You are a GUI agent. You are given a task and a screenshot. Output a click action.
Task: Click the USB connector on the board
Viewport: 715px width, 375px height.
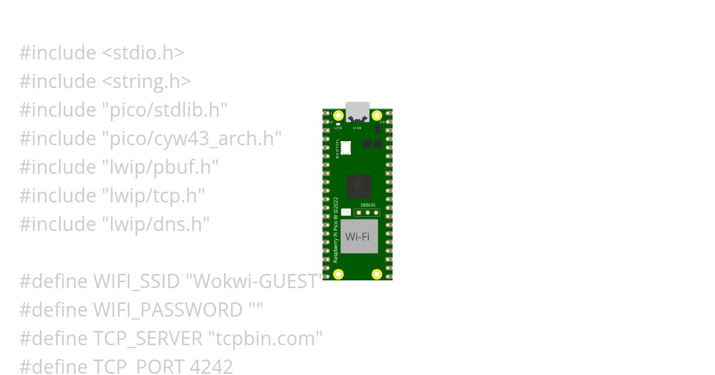[x=357, y=111]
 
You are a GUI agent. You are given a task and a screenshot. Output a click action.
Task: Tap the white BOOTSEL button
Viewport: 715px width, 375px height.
[x=346, y=148]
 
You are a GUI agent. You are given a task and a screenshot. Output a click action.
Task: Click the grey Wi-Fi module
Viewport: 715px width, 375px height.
[x=359, y=236]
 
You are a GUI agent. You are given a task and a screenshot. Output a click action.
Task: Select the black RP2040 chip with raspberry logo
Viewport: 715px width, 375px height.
[x=359, y=186]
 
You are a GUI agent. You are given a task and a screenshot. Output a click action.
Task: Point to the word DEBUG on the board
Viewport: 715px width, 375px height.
[x=368, y=205]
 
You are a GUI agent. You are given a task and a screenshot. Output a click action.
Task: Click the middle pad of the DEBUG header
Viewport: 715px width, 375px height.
[x=368, y=212]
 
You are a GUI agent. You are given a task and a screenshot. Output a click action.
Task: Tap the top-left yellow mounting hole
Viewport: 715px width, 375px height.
[x=338, y=115]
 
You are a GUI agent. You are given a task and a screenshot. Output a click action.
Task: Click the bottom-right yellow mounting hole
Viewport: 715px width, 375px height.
[x=377, y=274]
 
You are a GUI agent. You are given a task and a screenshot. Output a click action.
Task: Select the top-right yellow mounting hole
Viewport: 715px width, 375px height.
[x=377, y=115]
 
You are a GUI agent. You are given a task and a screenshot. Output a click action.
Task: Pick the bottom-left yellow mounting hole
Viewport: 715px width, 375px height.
[x=338, y=274]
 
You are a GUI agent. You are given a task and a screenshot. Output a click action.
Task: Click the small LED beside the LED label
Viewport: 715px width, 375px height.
[x=338, y=124]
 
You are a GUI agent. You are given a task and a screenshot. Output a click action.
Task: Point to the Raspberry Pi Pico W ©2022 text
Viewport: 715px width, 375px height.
[x=335, y=230]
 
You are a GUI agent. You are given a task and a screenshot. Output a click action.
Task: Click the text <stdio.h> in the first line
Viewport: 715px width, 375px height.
[x=143, y=53]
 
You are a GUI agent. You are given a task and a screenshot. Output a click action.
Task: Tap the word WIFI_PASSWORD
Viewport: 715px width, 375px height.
[x=167, y=310]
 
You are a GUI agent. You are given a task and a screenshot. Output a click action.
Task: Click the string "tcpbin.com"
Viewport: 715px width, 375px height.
[x=265, y=339]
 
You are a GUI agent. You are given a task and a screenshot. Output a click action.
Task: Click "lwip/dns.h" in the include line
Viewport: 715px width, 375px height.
[x=156, y=224]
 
